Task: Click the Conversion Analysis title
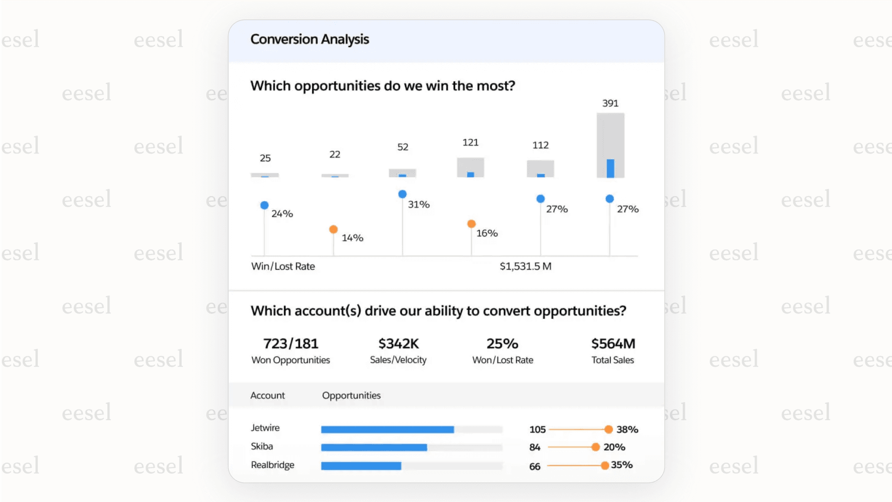[x=310, y=39]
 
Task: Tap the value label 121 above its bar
[x=470, y=142]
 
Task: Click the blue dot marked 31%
[x=402, y=194]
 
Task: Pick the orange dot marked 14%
[x=333, y=229]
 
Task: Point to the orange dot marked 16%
[x=471, y=224]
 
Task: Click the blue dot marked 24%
[x=264, y=205]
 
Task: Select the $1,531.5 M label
[x=525, y=266]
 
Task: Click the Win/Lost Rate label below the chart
[x=283, y=266]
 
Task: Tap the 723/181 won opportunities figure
[x=290, y=344]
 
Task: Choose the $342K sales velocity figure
[x=398, y=344]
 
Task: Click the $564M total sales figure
[x=613, y=344]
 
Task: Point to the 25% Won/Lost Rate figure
[x=502, y=344]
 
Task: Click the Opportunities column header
[x=351, y=395]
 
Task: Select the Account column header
[x=268, y=395]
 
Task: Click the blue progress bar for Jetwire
[x=387, y=429]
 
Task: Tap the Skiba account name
[x=262, y=446]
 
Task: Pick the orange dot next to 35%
[x=605, y=465]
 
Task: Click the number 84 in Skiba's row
[x=535, y=447]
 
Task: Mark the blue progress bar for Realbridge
[x=361, y=466]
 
